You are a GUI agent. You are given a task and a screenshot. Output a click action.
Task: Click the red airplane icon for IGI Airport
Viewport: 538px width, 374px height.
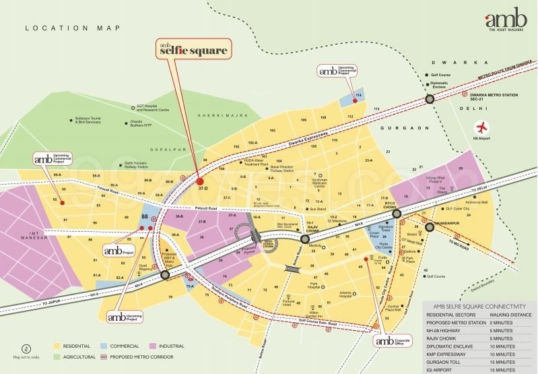pyautogui.click(x=480, y=127)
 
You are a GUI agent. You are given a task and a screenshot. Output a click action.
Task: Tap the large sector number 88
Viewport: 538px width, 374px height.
pyautogui.click(x=145, y=216)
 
